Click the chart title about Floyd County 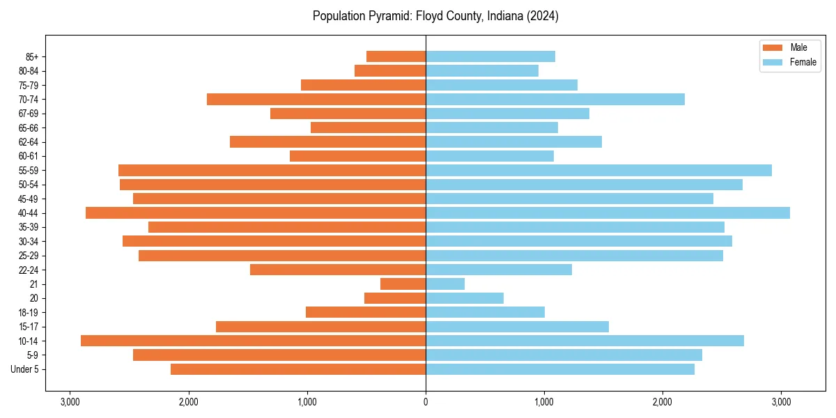[435, 16]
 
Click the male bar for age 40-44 [256, 212]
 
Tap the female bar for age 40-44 [607, 212]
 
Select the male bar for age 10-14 [253, 341]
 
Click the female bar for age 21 [445, 284]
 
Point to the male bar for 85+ [396, 56]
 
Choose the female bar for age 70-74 [555, 99]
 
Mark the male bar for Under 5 [298, 369]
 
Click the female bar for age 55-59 [598, 170]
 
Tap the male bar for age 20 [395, 298]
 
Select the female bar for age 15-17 [517, 327]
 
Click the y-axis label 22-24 [29, 270]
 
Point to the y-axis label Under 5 [25, 369]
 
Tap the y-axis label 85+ [32, 56]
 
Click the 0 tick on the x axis [426, 401]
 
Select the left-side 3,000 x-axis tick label [70, 401]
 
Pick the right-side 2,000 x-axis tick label [663, 401]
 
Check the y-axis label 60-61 [29, 156]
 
